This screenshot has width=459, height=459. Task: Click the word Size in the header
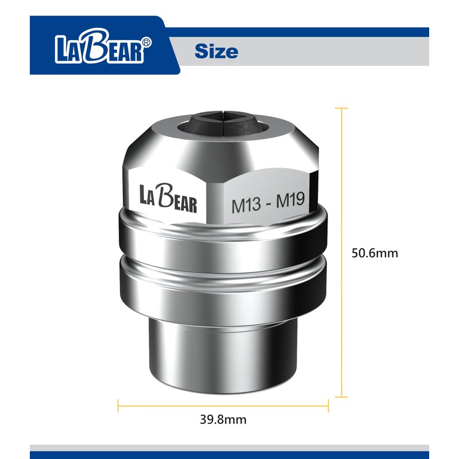(x=216, y=51)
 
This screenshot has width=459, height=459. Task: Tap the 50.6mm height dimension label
(x=374, y=252)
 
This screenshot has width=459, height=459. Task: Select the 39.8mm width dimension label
(x=223, y=419)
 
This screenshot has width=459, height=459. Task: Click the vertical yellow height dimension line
(x=343, y=252)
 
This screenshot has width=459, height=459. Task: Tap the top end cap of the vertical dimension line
(x=343, y=108)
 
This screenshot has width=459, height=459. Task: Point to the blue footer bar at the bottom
(x=229, y=454)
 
